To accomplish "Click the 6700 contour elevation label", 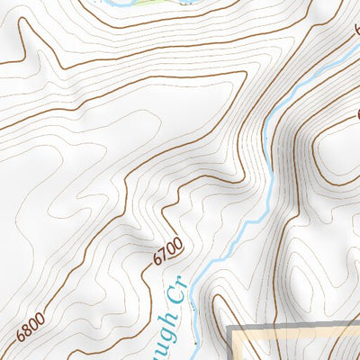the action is pos(168,251).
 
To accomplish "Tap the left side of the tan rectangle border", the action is pos(232,346).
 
